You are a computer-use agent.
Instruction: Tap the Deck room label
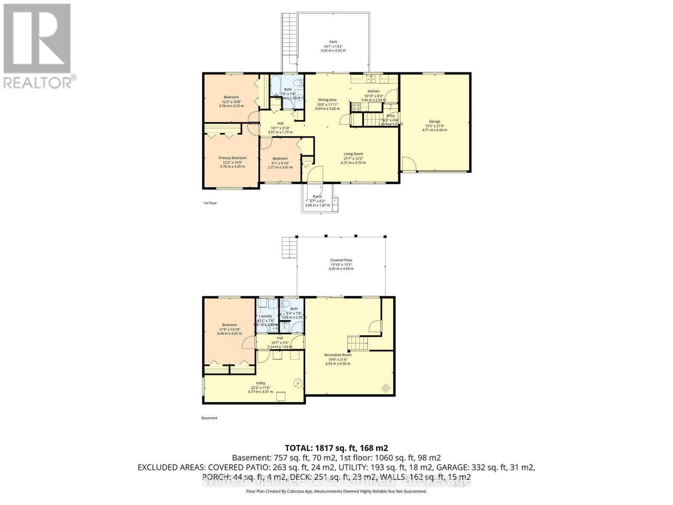pos(333,42)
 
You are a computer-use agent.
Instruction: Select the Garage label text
pos(435,122)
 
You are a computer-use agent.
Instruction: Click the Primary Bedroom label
pos(232,158)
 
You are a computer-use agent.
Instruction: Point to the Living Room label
pos(353,154)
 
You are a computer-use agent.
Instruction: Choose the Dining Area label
pos(327,100)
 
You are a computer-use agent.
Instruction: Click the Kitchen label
pos(374,91)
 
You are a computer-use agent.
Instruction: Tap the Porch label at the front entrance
pos(318,197)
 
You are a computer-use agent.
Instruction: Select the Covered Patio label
pos(341,260)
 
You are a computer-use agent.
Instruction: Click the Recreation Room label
pos(338,355)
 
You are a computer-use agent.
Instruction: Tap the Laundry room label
pos(265,316)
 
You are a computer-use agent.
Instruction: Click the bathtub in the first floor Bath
pos(276,86)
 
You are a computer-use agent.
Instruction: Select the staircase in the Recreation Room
pos(357,343)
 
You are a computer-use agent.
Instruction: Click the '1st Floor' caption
pos(210,203)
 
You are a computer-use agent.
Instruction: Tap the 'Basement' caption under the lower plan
pos(209,418)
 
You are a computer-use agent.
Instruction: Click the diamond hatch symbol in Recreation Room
pos(385,388)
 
